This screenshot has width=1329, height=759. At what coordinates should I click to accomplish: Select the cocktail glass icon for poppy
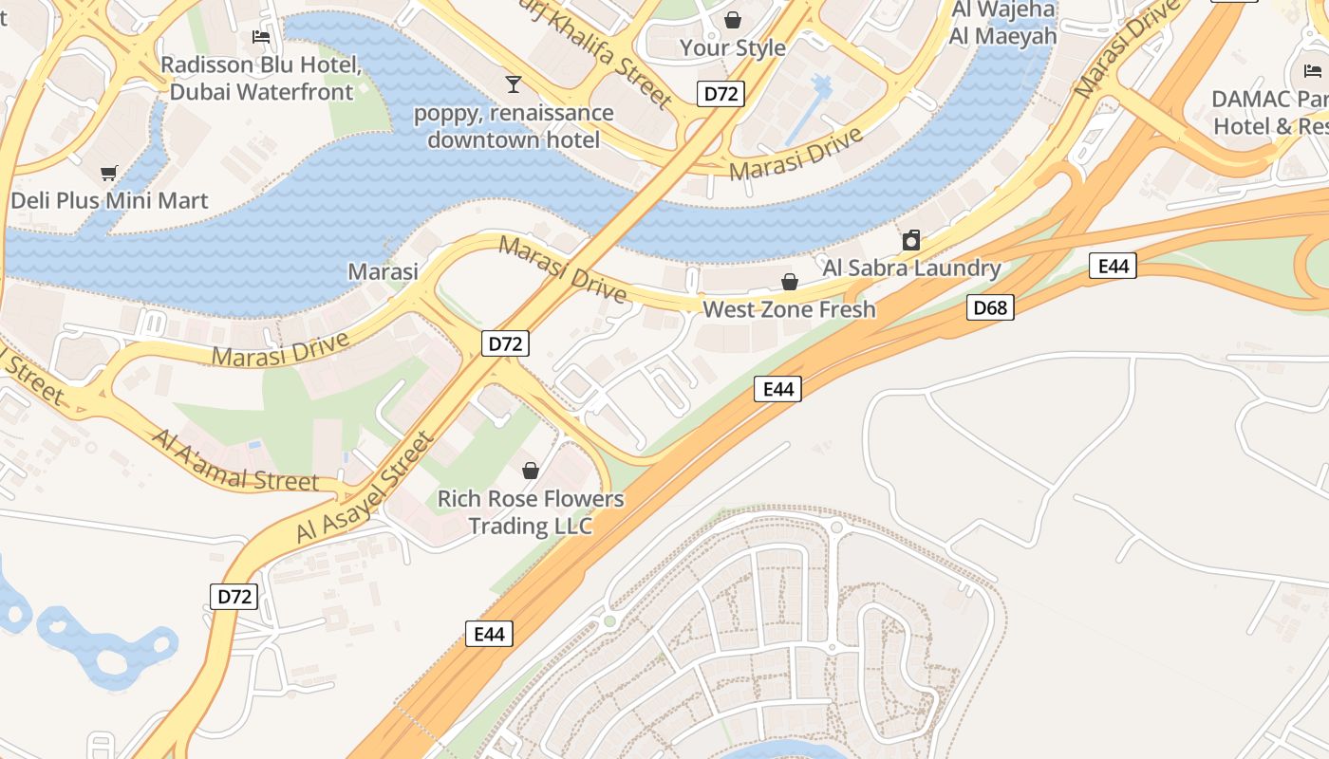click(514, 84)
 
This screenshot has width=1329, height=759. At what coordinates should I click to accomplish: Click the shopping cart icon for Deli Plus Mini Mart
click(109, 173)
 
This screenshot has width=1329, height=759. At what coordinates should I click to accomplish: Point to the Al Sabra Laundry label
click(911, 268)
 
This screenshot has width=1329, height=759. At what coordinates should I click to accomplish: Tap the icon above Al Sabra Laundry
click(911, 239)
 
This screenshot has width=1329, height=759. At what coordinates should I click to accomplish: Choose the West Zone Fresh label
click(789, 309)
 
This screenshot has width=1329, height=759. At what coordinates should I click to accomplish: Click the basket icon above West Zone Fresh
click(789, 282)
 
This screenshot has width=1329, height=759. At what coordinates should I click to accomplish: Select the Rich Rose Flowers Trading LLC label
click(531, 511)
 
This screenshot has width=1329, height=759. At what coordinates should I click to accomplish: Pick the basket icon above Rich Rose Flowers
click(531, 471)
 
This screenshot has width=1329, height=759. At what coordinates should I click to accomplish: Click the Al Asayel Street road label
click(365, 489)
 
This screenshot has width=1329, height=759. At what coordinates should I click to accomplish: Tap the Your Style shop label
click(733, 47)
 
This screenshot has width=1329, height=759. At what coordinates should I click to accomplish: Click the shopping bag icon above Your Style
click(733, 19)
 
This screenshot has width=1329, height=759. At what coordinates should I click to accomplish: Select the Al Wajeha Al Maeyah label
click(1002, 24)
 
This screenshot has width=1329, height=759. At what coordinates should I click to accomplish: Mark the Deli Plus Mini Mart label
click(109, 201)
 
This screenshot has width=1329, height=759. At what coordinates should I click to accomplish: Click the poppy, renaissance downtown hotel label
click(514, 126)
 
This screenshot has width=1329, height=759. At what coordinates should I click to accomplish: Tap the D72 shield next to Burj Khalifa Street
click(721, 93)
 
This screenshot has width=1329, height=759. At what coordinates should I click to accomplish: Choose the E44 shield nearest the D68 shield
click(1113, 266)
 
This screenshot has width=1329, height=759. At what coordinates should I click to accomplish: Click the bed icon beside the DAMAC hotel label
click(1312, 70)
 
